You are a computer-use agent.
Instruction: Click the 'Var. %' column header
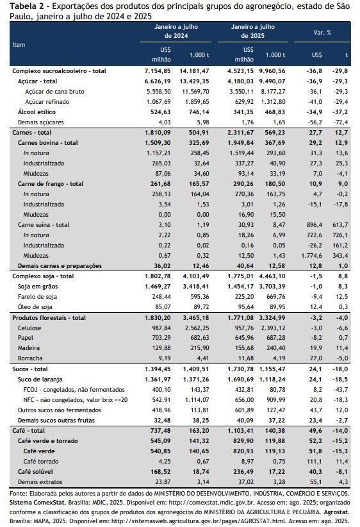tap(322, 32)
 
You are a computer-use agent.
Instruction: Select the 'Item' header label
tap(19, 44)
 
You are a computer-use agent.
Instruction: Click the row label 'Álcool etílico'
tap(37, 112)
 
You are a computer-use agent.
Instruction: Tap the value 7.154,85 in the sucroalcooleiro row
tap(158, 71)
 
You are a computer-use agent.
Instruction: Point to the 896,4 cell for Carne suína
tap(315, 225)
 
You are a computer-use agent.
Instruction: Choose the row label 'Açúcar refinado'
tap(47, 101)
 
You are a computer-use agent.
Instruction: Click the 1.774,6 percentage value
tap(312, 255)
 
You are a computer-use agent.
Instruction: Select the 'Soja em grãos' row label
tap(38, 287)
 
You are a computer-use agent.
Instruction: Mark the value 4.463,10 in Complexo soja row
tap(272, 276)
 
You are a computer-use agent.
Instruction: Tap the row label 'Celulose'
tap(29, 328)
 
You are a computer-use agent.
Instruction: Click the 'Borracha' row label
tap(30, 358)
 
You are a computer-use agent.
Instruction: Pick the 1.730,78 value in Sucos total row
tap(240, 369)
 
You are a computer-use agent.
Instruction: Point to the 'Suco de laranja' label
tap(40, 379)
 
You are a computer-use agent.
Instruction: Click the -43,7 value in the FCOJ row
tap(341, 390)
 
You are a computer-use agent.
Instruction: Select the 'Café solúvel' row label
tap(35, 472)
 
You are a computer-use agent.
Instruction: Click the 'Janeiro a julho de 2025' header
tap(252, 31)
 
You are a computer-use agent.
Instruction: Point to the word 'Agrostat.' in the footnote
tap(336, 512)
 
